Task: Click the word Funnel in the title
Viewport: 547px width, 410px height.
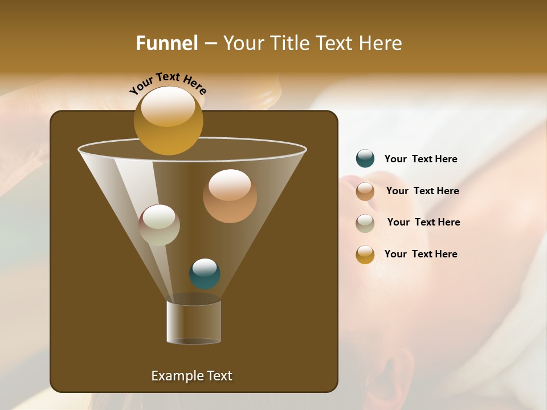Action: coord(167,43)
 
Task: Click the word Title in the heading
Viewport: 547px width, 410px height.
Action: coord(288,43)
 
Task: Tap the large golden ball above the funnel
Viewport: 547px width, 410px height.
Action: coord(168,120)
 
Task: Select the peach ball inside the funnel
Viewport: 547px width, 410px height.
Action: coord(230,196)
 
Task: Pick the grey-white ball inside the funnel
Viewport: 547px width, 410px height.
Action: coord(159,225)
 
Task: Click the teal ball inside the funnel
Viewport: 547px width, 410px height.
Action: coord(205,274)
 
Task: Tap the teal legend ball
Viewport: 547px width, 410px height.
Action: coord(365,159)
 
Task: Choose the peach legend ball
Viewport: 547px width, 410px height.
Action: coord(365,191)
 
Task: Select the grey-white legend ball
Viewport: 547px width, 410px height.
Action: coord(365,223)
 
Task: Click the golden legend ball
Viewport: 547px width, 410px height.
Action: coord(365,255)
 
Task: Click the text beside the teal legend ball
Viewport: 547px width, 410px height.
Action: coord(421,159)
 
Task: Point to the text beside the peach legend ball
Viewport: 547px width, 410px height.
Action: coord(422,191)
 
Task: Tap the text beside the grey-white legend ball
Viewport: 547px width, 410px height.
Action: coord(423,223)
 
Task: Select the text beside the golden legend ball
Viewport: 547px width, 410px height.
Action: coord(421,255)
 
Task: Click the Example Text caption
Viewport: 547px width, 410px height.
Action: coord(191,376)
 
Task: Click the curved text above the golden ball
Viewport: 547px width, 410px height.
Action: coord(168,83)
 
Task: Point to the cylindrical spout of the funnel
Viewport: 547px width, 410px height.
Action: coord(194,322)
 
